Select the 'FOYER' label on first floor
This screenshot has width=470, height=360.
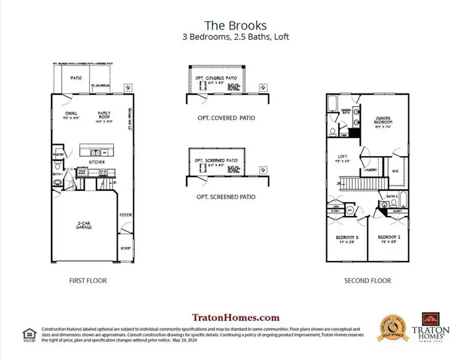pos(126,214)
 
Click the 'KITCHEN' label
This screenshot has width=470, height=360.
pos(97,162)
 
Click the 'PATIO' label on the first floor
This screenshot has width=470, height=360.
pos(76,77)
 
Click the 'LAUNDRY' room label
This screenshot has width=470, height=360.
pos(370,170)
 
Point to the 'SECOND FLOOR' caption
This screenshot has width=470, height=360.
pos(367,280)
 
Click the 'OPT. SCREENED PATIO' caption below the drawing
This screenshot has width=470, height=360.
pos(226,197)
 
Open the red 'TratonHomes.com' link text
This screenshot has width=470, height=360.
pos(235,317)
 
